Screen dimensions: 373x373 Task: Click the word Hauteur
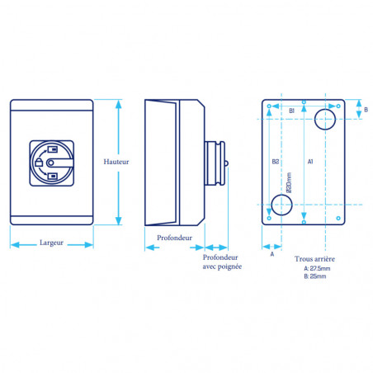click(x=116, y=162)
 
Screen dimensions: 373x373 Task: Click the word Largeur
click(x=51, y=243)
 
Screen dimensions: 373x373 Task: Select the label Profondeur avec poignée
click(x=222, y=262)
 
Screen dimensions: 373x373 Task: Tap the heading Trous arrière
click(x=314, y=259)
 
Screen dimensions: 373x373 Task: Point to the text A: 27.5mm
click(x=317, y=268)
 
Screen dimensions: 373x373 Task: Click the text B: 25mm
click(x=315, y=276)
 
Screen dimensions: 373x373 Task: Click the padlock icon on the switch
click(x=39, y=163)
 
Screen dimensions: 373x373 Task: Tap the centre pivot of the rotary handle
click(x=50, y=163)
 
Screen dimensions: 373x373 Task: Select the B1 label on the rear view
click(x=292, y=111)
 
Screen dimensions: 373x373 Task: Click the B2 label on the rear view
click(x=276, y=162)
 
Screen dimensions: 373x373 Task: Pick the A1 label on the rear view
click(x=310, y=162)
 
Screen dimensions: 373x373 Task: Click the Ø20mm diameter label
click(x=289, y=182)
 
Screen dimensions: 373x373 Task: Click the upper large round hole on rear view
click(x=325, y=120)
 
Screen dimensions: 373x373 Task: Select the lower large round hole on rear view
click(x=281, y=205)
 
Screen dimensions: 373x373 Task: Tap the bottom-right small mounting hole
click(x=338, y=218)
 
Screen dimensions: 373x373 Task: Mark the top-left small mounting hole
click(x=269, y=106)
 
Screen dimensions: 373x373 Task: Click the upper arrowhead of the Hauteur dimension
click(x=119, y=104)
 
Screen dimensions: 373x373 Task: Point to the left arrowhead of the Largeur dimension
click(x=15, y=244)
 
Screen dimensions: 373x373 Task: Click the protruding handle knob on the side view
click(x=215, y=163)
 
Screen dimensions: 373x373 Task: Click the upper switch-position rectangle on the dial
click(x=52, y=149)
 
